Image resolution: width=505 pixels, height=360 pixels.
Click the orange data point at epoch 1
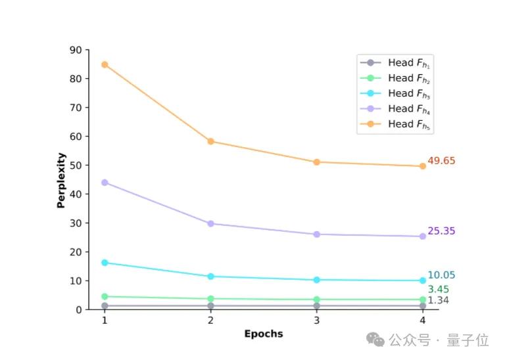[x=105, y=64]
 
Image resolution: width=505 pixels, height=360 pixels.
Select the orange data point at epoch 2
[x=210, y=141]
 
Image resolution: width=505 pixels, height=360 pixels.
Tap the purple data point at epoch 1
[x=105, y=183]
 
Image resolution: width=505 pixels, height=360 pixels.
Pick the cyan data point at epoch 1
[x=105, y=263]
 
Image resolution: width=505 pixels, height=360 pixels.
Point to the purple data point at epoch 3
[x=316, y=234]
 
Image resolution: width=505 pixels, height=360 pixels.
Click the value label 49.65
[x=441, y=161]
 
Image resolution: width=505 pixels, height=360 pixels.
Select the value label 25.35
[x=441, y=231]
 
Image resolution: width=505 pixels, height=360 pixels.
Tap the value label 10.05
[x=441, y=276]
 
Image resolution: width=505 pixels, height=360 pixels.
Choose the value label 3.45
[x=439, y=290]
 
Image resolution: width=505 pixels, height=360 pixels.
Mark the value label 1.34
[x=439, y=301]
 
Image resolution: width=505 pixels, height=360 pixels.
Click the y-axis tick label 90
[x=76, y=50]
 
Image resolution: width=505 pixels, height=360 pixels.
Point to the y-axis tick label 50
[x=76, y=166]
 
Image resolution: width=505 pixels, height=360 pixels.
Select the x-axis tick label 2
[x=210, y=321]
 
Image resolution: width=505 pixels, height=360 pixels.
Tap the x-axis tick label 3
[x=316, y=321]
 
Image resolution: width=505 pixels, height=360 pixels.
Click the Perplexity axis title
[x=61, y=180]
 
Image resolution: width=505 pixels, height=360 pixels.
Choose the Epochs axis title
[x=264, y=334]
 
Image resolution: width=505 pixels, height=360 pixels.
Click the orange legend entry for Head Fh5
[x=395, y=124]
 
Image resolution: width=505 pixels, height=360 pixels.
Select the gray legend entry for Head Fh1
[x=395, y=63]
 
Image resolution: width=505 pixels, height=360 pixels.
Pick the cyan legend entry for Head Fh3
[x=395, y=94]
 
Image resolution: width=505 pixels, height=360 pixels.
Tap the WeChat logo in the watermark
[x=376, y=340]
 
